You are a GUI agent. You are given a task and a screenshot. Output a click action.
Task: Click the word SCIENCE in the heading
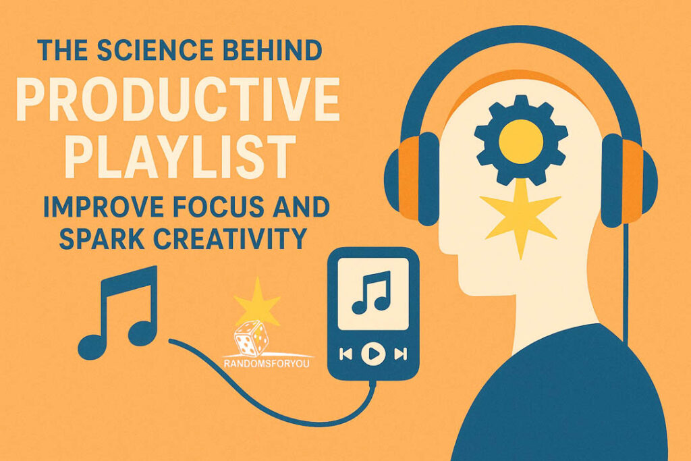click(x=144, y=51)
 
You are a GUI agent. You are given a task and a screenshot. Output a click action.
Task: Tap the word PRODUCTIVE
click(x=177, y=102)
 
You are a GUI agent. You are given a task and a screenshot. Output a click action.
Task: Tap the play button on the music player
click(x=372, y=352)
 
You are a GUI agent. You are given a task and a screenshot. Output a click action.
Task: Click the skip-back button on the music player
click(x=346, y=352)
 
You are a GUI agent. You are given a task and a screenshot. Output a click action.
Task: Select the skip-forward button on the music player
click(x=399, y=352)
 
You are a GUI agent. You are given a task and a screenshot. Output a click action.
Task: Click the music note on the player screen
click(x=372, y=292)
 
